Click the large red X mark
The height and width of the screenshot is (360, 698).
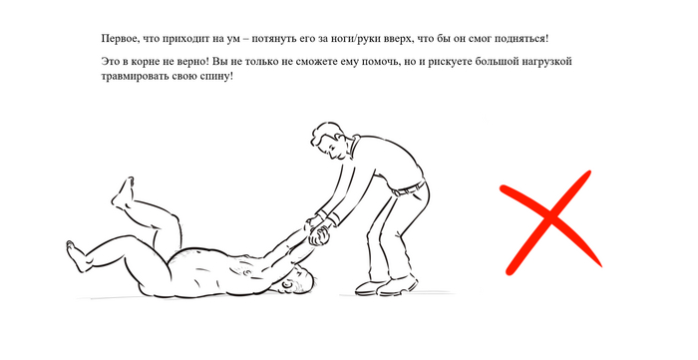550,219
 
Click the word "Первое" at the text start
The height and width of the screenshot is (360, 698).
117,39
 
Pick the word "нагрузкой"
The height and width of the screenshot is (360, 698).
550,62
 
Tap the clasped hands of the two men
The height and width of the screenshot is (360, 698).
317,230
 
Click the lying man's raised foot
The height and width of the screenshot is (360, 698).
123,192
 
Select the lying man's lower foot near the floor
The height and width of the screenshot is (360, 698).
76,256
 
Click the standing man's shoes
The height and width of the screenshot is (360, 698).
387,286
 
